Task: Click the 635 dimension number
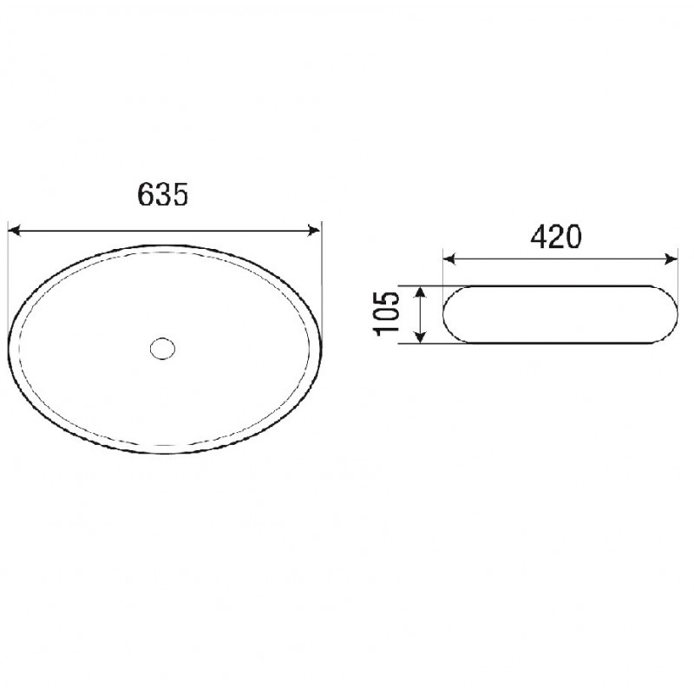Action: click(163, 194)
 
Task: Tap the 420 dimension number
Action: click(555, 237)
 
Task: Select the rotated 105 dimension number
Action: click(387, 314)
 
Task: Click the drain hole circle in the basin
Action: click(162, 349)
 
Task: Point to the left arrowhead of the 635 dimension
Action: click(15, 231)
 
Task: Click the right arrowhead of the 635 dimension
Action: click(314, 231)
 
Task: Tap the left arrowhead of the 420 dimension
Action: click(449, 259)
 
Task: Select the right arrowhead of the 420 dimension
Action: click(671, 259)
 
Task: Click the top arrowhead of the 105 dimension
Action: click(421, 292)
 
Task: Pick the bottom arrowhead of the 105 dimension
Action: click(421, 337)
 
